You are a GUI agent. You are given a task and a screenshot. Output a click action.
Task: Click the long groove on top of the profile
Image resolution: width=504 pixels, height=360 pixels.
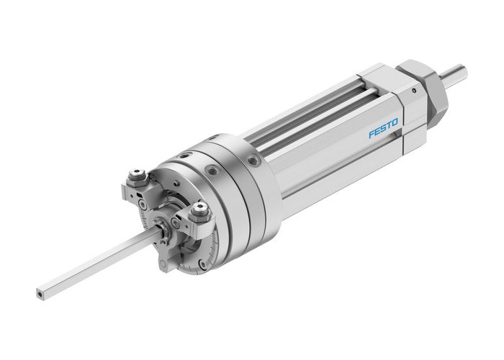pyautogui.click(x=317, y=108)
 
